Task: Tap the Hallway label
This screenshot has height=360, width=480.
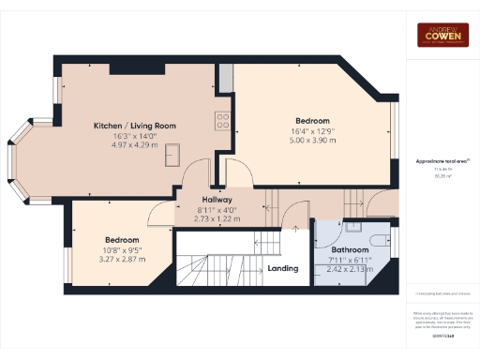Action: pos(216,200)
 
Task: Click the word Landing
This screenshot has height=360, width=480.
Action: pos(283,268)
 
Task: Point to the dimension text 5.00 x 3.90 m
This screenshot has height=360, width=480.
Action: pos(312,141)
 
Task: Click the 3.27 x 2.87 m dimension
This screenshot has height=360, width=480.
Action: pos(122,258)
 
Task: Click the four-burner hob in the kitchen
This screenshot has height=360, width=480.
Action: pos(223,120)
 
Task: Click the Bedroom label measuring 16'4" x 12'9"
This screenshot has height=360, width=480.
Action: pos(312,121)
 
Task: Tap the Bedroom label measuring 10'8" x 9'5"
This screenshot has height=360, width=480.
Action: pos(122,239)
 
